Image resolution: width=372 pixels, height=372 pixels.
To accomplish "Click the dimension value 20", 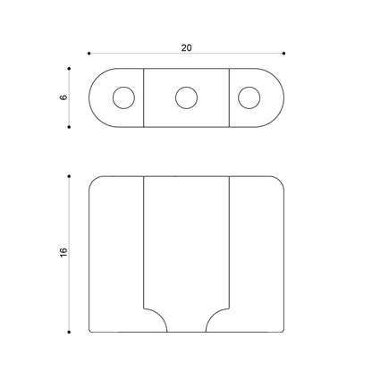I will pyautogui.click(x=186, y=46).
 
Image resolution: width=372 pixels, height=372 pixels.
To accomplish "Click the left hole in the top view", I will pyautogui.click(x=123, y=97).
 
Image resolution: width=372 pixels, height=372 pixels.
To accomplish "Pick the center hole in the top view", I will pyautogui.click(x=186, y=97).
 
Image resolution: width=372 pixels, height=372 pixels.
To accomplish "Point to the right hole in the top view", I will pyautogui.click(x=249, y=97).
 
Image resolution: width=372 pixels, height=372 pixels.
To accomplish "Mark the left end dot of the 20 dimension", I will pyautogui.click(x=89, y=55).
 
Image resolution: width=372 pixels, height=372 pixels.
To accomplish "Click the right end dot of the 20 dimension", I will pyautogui.click(x=283, y=55).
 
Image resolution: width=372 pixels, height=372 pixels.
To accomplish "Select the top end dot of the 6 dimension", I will pyautogui.click(x=70, y=67).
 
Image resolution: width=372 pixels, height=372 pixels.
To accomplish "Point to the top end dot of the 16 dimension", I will pyautogui.click(x=70, y=176).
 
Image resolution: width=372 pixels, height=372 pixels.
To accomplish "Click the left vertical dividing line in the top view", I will pyautogui.click(x=143, y=97).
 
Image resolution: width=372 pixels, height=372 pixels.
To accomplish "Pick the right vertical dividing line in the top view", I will pyautogui.click(x=231, y=97).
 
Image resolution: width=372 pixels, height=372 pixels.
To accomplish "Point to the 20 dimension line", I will pyautogui.click(x=134, y=55).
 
